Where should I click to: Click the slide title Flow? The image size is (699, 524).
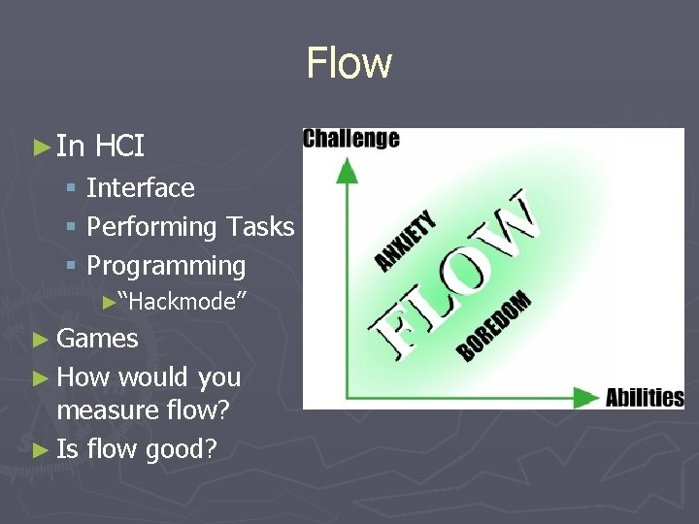click(349, 63)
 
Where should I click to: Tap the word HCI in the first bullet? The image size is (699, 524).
click(120, 147)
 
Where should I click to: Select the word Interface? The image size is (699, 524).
click(141, 187)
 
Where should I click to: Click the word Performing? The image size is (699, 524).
click(151, 227)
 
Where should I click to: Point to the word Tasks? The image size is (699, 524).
click(259, 226)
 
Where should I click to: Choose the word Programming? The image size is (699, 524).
click(166, 266)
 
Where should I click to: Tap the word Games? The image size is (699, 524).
click(97, 339)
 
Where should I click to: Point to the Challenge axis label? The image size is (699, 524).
click(351, 139)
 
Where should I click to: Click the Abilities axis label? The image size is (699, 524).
click(645, 397)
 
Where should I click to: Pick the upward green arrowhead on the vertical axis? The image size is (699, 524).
click(347, 169)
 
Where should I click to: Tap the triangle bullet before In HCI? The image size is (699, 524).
click(40, 147)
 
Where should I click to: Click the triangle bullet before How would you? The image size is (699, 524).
click(40, 377)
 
